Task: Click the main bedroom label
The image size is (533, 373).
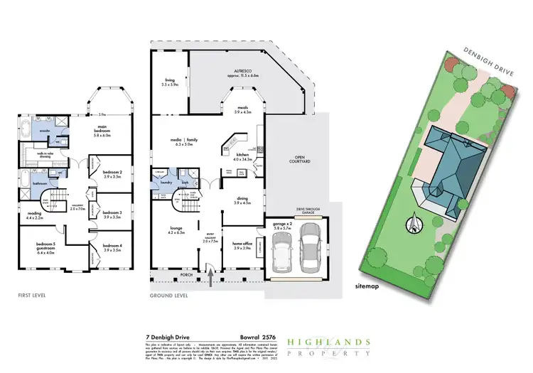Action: (107, 133)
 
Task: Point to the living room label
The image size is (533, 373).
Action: (170, 82)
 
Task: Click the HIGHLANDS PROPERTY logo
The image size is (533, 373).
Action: (328, 346)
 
